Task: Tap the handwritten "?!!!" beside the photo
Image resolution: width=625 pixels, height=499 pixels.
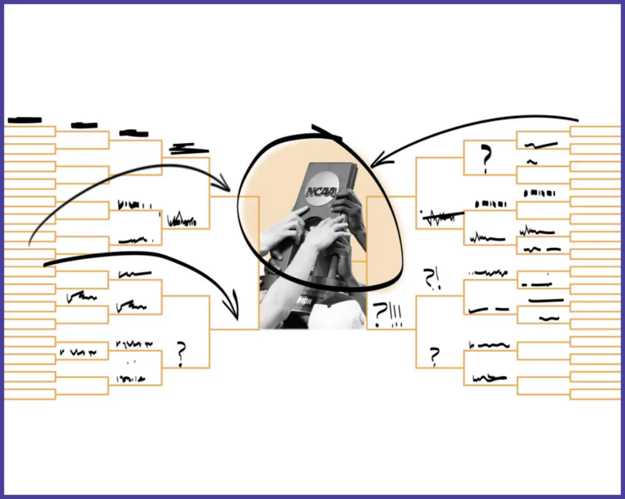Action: point(387,314)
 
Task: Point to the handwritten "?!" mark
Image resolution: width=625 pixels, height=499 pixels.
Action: point(431,279)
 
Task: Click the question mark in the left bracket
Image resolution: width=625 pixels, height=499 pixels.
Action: point(181,353)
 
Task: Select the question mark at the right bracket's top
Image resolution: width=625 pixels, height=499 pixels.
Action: point(486,160)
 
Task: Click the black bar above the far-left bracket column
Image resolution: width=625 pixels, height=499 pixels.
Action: point(24,120)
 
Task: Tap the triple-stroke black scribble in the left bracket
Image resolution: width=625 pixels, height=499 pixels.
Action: point(188,148)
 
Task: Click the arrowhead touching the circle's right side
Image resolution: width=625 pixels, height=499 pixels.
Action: point(381,159)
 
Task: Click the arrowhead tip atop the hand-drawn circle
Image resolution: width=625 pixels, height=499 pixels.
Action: point(326,132)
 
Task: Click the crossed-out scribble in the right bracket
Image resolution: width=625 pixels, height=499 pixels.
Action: point(440,217)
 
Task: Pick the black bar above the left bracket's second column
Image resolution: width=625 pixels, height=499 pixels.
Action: point(84,125)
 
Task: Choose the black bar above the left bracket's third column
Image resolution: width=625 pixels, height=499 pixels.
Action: point(133,132)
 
